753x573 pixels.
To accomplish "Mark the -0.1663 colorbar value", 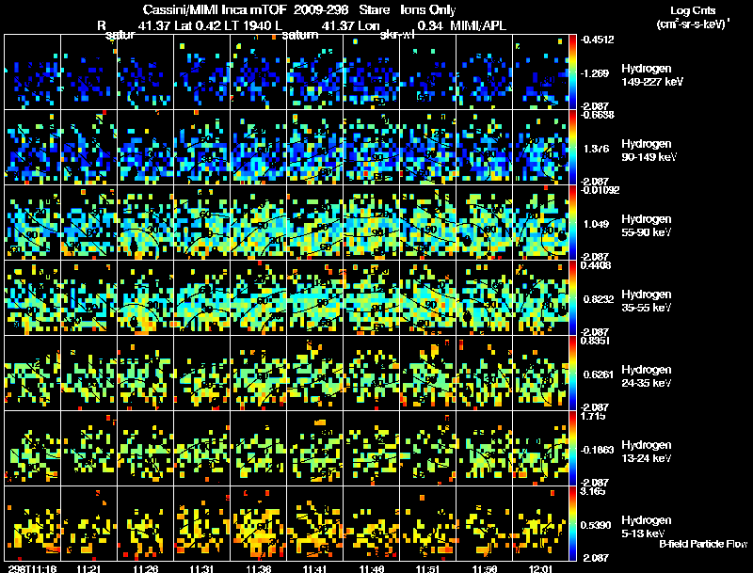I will (x=596, y=450).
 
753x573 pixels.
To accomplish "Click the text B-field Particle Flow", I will (x=703, y=544).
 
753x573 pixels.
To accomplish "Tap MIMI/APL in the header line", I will (x=482, y=25).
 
